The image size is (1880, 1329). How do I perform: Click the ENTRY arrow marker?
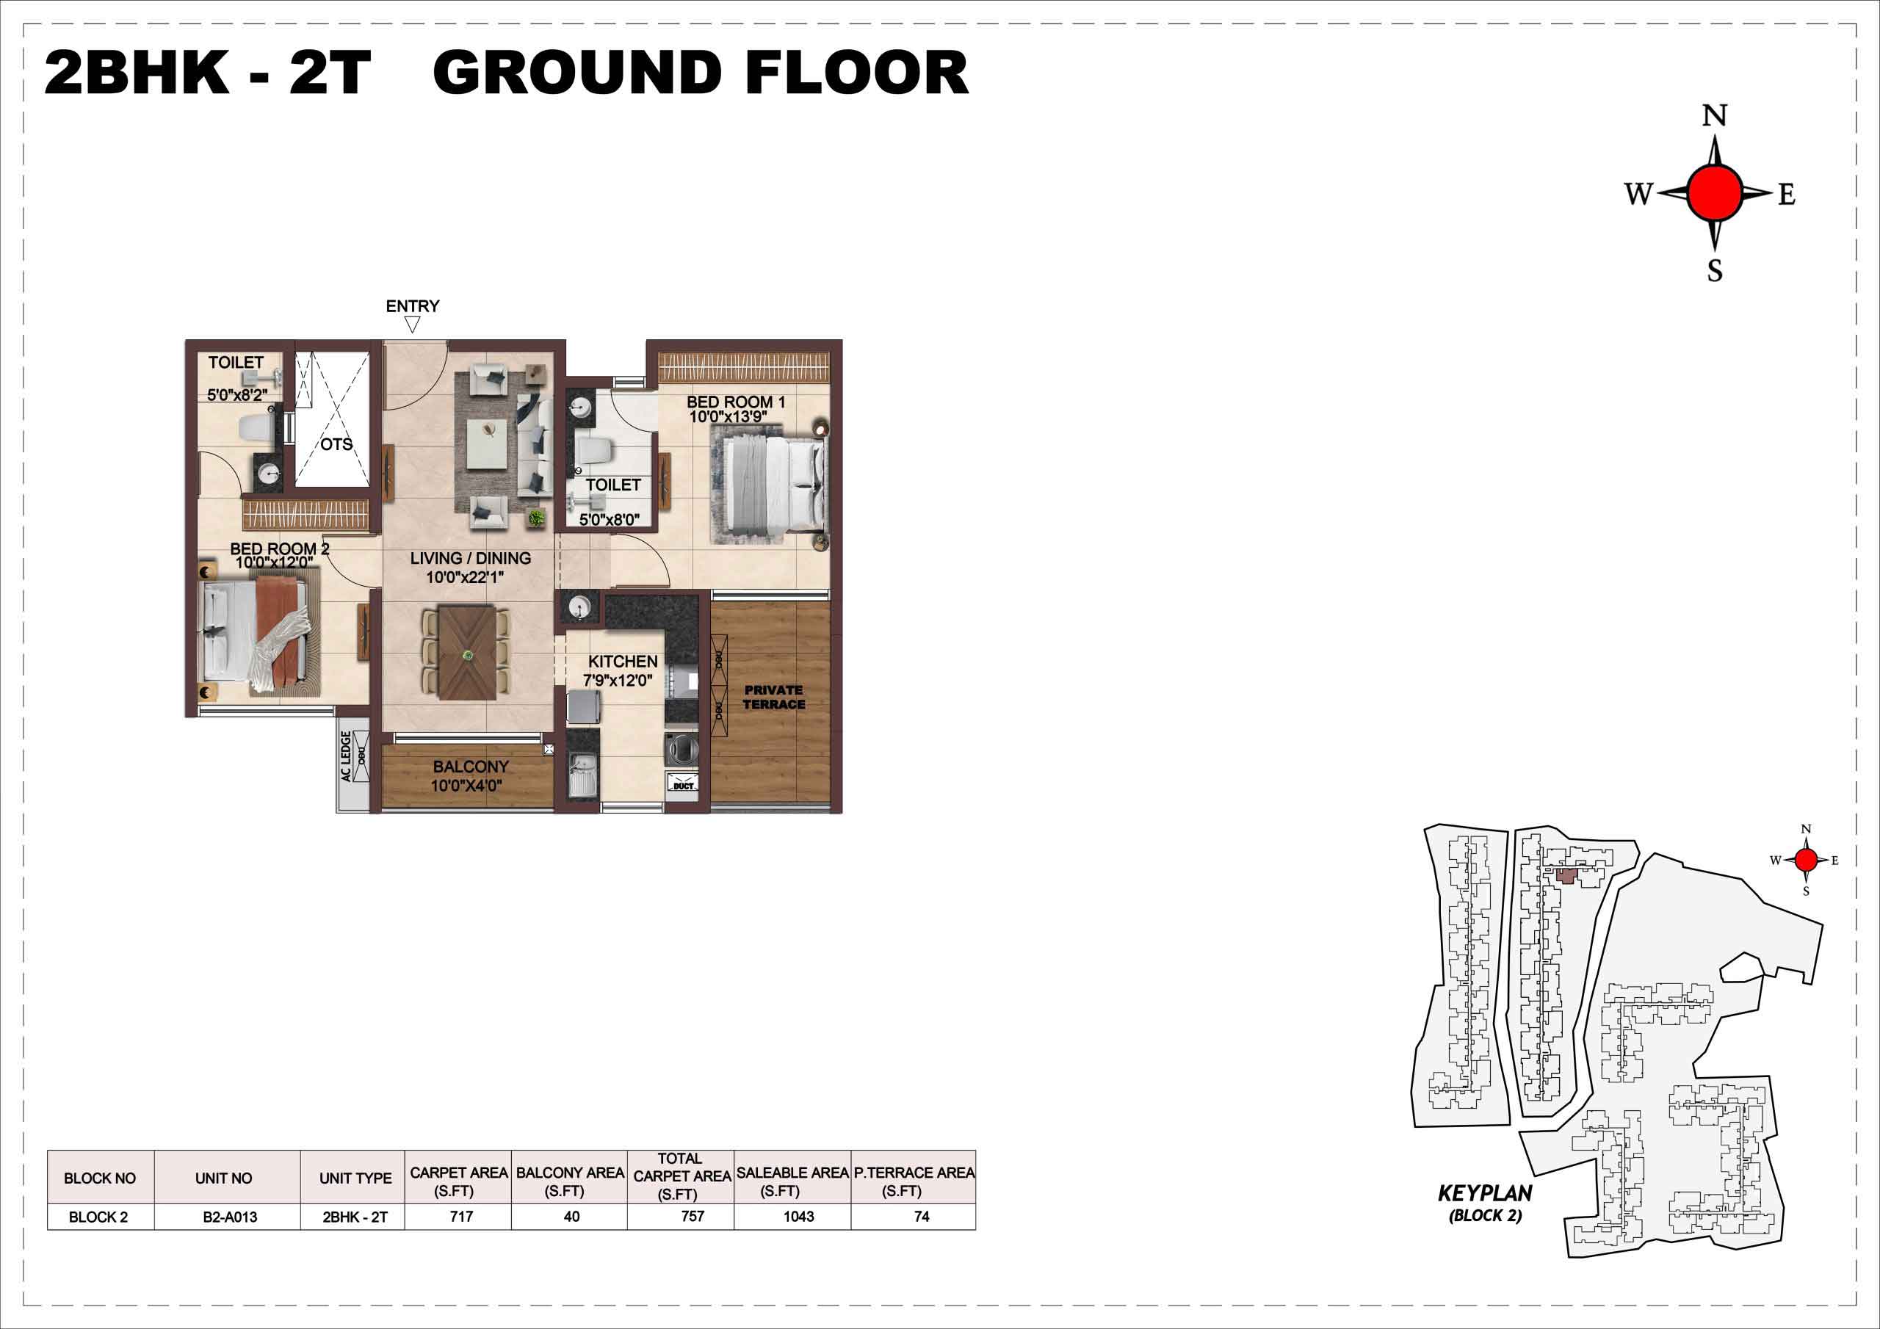tap(413, 325)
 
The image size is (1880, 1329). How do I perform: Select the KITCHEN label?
tap(622, 661)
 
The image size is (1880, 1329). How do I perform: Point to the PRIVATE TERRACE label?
tap(774, 697)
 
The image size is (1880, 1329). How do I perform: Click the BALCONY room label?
tap(471, 767)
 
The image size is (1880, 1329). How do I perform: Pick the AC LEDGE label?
tap(347, 756)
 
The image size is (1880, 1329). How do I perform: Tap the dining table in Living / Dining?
tap(467, 652)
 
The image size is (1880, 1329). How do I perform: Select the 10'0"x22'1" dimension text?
tap(464, 577)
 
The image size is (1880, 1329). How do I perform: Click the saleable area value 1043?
tap(798, 1216)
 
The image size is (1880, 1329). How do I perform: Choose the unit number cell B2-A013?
tap(230, 1217)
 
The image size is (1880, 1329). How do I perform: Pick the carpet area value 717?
tap(461, 1216)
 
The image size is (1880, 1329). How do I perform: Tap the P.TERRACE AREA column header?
tap(914, 1181)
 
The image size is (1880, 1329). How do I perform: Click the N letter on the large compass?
tap(1714, 116)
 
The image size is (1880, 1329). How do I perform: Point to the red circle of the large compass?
tap(1714, 192)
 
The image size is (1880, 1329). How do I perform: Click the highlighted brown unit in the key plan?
tap(1566, 875)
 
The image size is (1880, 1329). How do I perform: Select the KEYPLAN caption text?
tap(1484, 1193)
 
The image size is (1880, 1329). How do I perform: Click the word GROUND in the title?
tap(576, 73)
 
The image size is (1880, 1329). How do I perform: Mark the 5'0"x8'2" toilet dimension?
tap(237, 395)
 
